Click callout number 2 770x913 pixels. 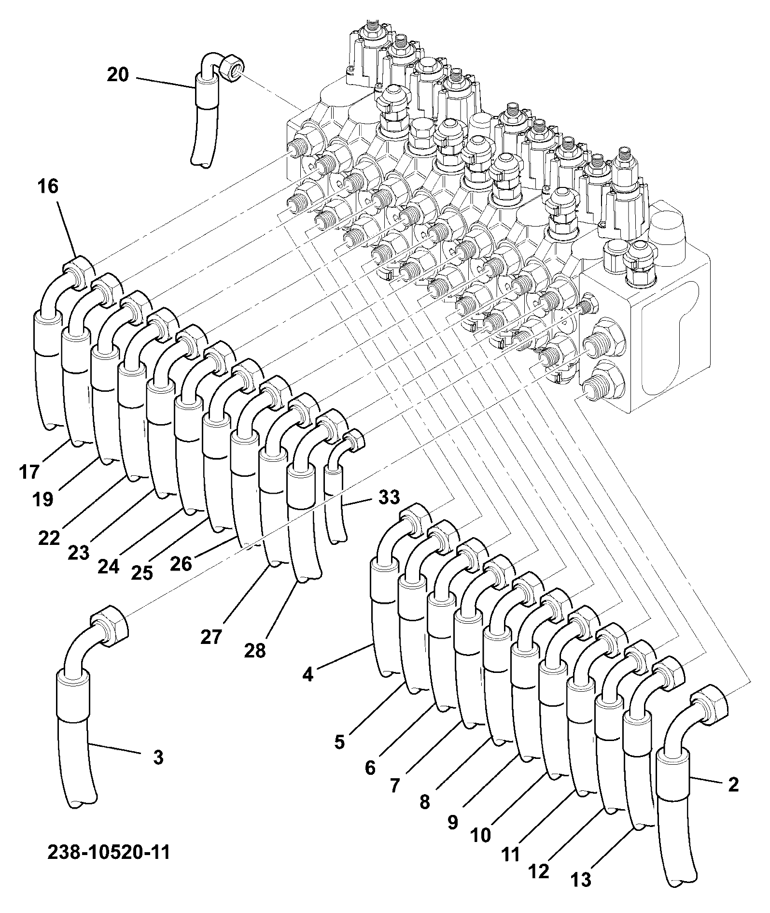click(x=733, y=785)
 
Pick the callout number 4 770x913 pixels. click(x=308, y=674)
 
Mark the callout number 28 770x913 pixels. click(x=255, y=651)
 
